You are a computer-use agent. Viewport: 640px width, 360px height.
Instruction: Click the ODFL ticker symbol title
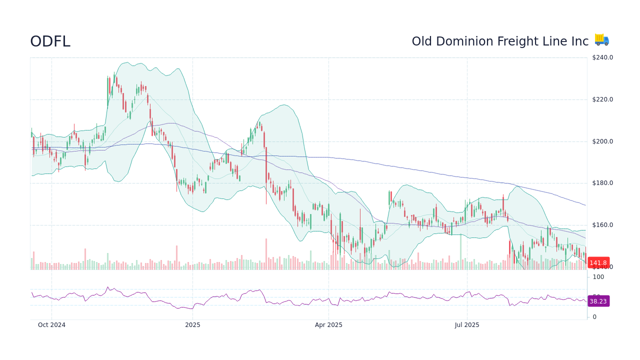(50, 41)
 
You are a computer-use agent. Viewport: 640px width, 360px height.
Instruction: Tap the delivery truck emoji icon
(601, 40)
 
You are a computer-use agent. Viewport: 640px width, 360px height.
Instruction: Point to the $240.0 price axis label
(602, 57)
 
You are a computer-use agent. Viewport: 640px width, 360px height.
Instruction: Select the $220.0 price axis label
(602, 99)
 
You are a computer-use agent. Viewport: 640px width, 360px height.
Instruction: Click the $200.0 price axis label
(602, 141)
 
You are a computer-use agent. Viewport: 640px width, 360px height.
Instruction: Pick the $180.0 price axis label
(602, 183)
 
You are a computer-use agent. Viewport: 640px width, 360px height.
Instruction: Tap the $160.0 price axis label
(602, 225)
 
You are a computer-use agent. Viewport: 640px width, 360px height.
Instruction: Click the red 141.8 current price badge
(598, 263)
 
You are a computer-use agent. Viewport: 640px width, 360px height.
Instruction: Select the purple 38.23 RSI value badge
(598, 301)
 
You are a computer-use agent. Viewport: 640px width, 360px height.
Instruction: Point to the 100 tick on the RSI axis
(598, 276)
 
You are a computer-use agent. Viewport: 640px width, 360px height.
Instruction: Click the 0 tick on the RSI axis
(594, 317)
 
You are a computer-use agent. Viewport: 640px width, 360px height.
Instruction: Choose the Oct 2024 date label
(51, 325)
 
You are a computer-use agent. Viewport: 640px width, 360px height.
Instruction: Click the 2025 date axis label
(192, 325)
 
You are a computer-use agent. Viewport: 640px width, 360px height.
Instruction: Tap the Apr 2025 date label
(328, 325)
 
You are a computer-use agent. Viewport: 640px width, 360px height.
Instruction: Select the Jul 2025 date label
(467, 325)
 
